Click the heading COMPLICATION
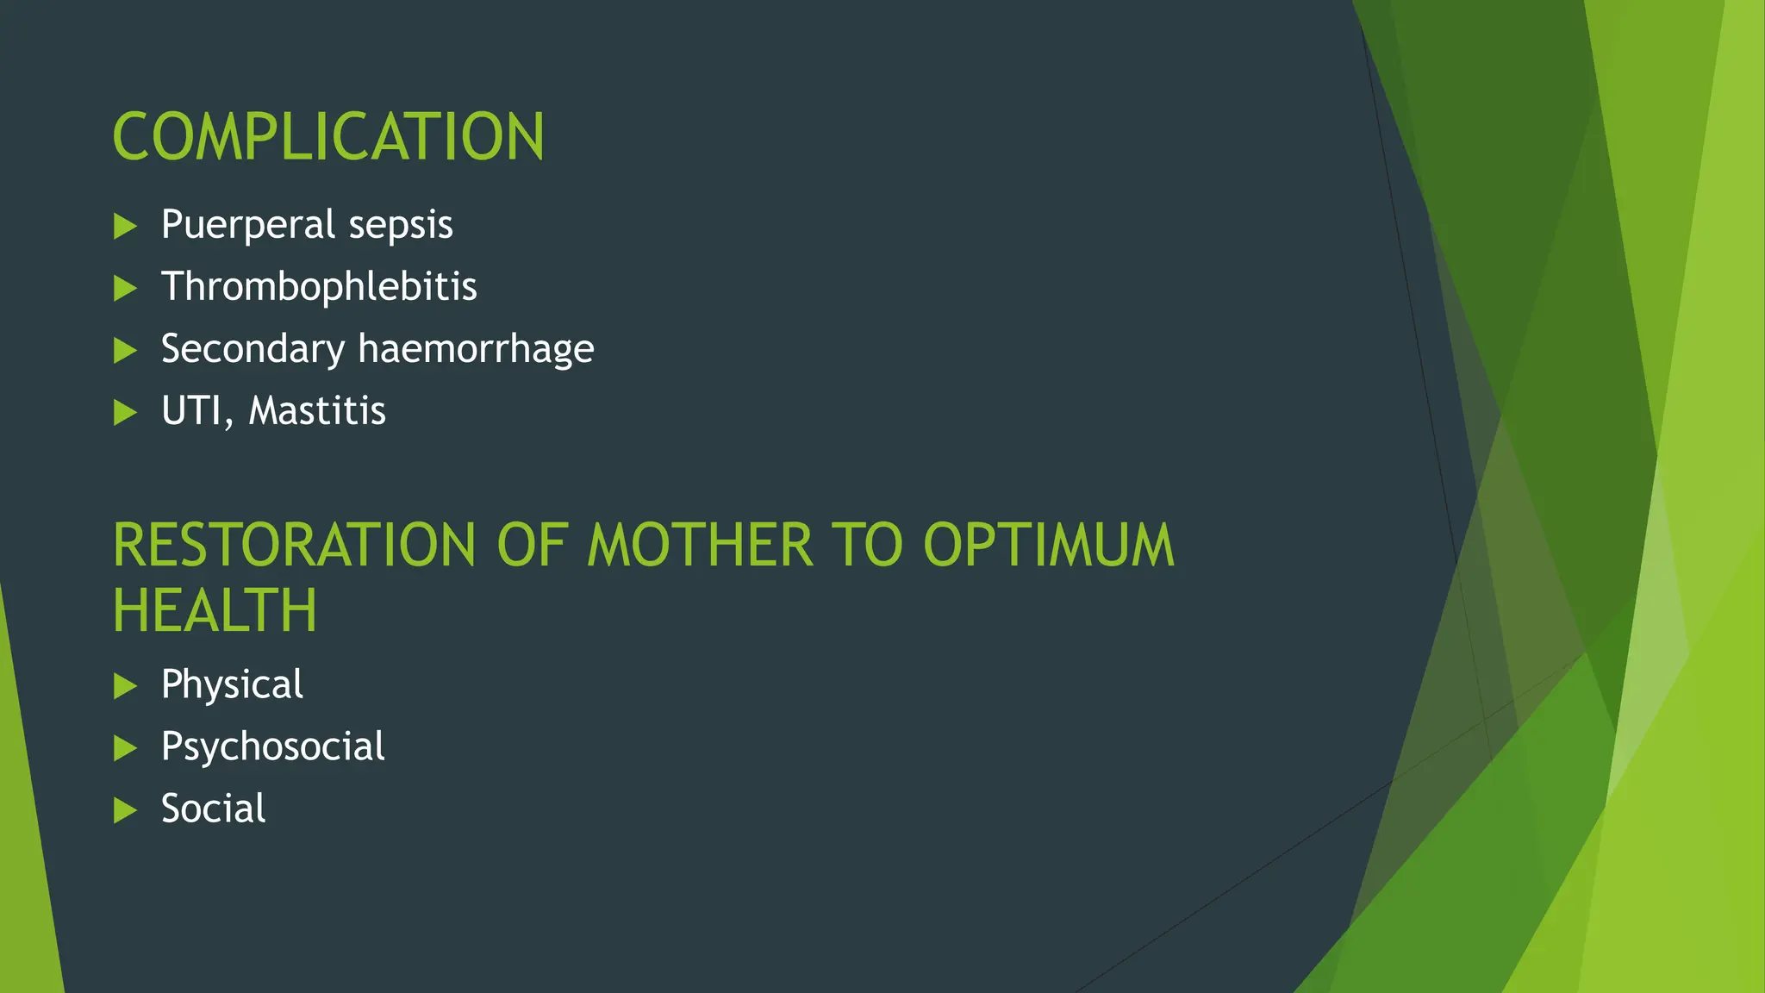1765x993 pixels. click(327, 137)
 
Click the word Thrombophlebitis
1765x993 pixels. click(319, 287)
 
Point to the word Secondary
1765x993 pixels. click(253, 349)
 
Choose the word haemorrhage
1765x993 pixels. click(476, 349)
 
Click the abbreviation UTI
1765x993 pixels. click(195, 411)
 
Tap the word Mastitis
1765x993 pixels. click(317, 411)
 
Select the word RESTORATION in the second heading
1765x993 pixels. click(294, 546)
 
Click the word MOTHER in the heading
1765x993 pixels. click(700, 546)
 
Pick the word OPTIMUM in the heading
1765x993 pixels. click(1048, 546)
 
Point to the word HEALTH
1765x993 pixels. click(215, 610)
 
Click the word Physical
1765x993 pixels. click(232, 685)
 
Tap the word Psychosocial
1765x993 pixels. click(272, 746)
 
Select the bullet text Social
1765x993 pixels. click(213, 809)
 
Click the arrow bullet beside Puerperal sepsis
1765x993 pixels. click(125, 227)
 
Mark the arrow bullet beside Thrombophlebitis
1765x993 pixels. click(125, 289)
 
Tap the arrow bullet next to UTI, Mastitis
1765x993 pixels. click(125, 413)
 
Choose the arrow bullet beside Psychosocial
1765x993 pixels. click(125, 748)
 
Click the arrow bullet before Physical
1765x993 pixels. click(125, 686)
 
